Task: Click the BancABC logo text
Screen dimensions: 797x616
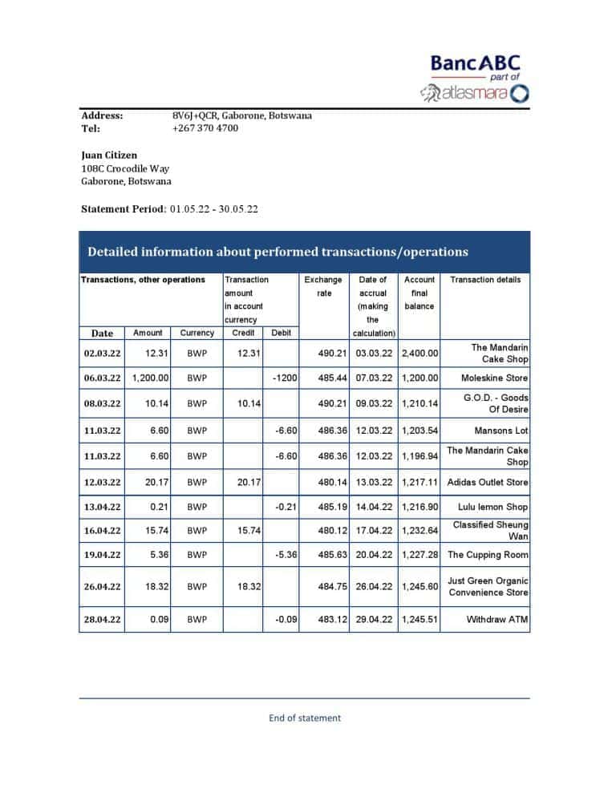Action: click(475, 63)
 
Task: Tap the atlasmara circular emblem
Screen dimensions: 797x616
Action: click(520, 94)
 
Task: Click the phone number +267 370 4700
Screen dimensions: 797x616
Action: click(205, 128)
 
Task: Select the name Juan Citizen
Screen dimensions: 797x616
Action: click(109, 155)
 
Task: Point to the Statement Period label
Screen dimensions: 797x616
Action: click(124, 209)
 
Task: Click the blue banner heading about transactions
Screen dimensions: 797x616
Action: click(278, 252)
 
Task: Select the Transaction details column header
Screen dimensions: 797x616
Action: click(485, 280)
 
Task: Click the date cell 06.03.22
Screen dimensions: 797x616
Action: click(102, 378)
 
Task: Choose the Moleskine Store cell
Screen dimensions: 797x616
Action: click(494, 378)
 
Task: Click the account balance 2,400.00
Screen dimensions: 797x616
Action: click(419, 354)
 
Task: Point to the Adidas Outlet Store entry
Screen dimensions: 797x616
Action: click(488, 483)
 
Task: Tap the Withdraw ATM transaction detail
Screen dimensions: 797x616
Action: click(497, 620)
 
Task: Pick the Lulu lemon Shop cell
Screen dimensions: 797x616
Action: click(492, 508)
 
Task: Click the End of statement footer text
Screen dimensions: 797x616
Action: click(304, 718)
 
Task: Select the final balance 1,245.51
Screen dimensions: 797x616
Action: click(419, 620)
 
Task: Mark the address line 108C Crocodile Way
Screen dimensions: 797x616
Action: click(125, 168)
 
